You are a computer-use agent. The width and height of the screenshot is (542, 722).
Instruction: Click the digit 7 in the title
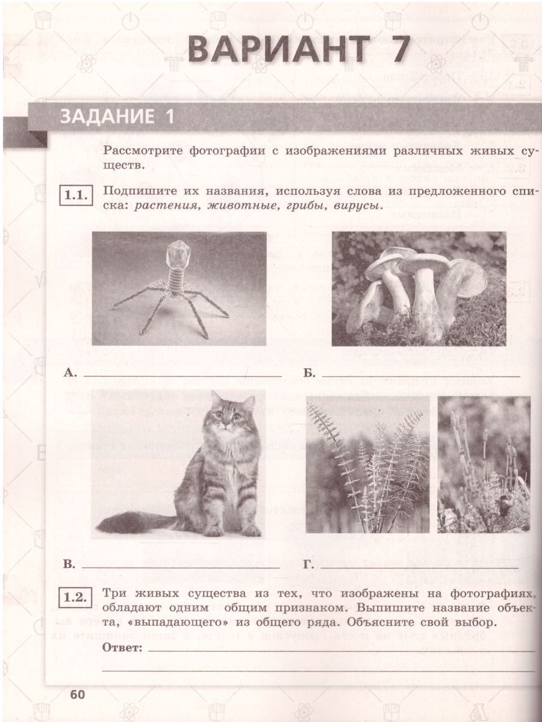[x=396, y=49]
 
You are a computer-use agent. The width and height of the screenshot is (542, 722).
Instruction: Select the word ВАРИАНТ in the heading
[x=278, y=49]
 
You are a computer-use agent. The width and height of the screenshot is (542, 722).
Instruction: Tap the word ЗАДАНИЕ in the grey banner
[x=107, y=117]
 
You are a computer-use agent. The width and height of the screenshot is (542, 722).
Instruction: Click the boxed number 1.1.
[x=76, y=196]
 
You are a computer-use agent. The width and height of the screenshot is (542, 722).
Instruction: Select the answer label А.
[x=70, y=372]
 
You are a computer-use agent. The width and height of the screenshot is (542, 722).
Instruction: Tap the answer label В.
[x=69, y=565]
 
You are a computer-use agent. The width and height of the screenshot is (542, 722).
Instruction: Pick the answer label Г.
[x=308, y=565]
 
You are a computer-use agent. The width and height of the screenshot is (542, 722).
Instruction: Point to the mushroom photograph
[x=419, y=289]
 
